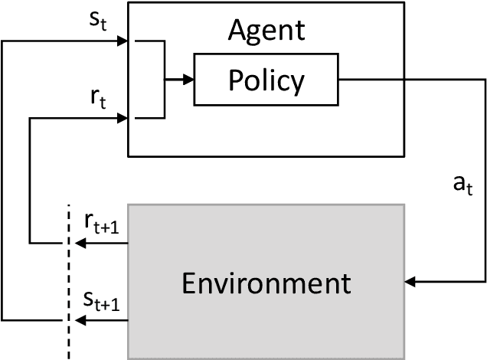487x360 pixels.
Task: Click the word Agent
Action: click(266, 31)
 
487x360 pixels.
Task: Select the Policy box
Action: click(266, 80)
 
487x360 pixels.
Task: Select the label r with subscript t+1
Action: click(102, 222)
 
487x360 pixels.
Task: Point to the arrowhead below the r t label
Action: click(122, 118)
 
